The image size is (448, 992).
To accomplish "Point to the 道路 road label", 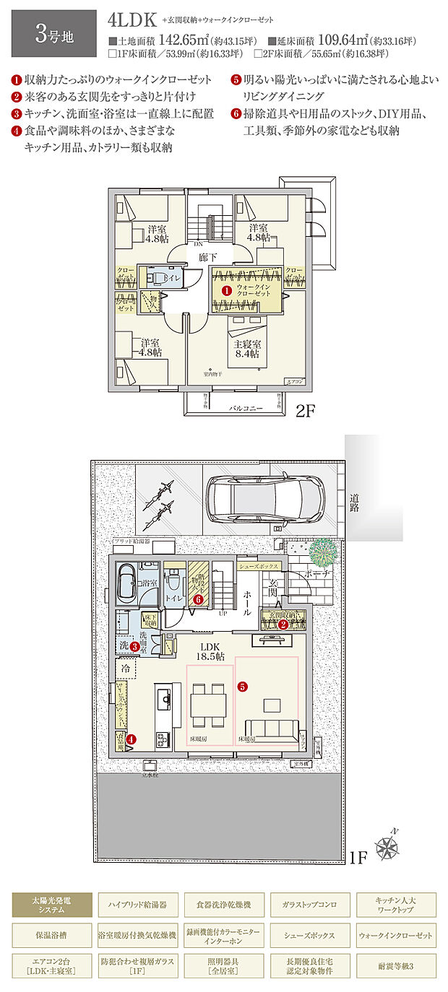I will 355,502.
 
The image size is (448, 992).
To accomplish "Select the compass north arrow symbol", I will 387,844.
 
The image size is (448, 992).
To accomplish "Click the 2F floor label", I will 306,411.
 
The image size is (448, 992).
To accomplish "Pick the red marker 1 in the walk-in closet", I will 226,289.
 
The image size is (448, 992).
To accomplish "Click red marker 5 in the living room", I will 243,686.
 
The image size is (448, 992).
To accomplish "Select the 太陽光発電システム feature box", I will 51,903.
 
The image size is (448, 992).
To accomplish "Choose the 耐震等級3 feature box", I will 395,965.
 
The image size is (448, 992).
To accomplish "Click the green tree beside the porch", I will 323,554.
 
